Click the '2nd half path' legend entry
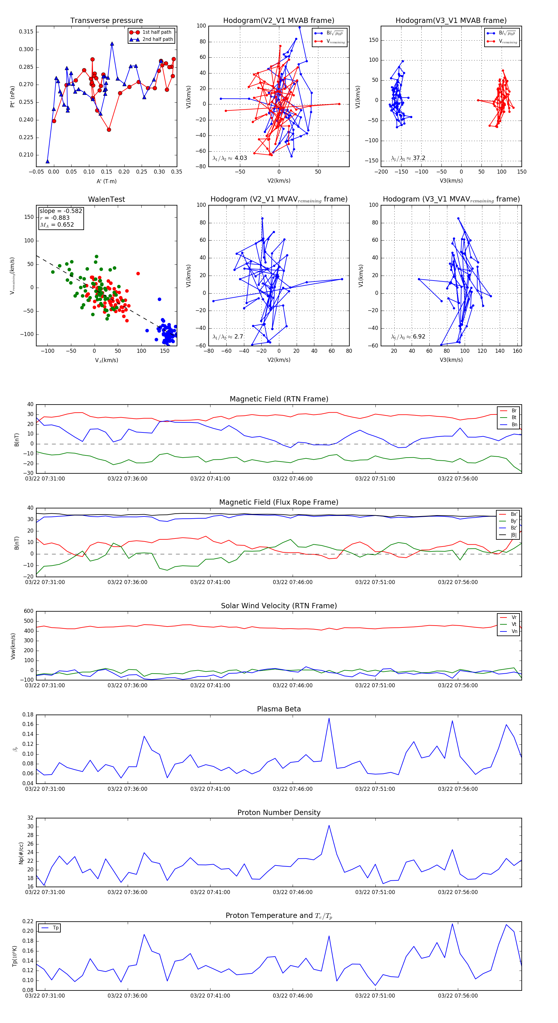tap(157, 39)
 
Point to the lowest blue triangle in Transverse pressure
tap(48, 161)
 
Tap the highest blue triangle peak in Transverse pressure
tap(112, 44)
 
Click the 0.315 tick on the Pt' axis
tap(26, 32)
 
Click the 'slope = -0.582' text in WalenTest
tap(61, 211)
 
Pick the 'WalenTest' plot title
tap(106, 199)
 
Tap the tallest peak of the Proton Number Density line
tap(329, 825)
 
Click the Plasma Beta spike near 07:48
tap(329, 718)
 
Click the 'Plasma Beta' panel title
tap(279, 709)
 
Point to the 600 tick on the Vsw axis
tap(29, 611)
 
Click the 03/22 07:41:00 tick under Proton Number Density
tap(210, 892)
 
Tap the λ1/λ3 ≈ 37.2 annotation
tap(408, 158)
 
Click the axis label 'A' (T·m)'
tap(106, 181)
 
